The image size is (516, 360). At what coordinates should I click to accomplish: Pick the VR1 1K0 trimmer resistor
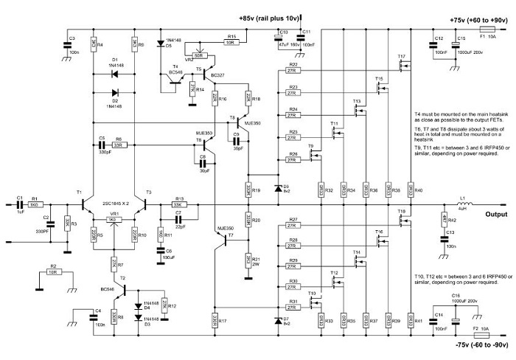113,220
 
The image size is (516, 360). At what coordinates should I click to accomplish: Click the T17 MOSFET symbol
403,68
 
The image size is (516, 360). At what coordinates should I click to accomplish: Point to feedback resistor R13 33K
178,206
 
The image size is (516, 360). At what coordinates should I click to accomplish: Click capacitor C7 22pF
178,220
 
